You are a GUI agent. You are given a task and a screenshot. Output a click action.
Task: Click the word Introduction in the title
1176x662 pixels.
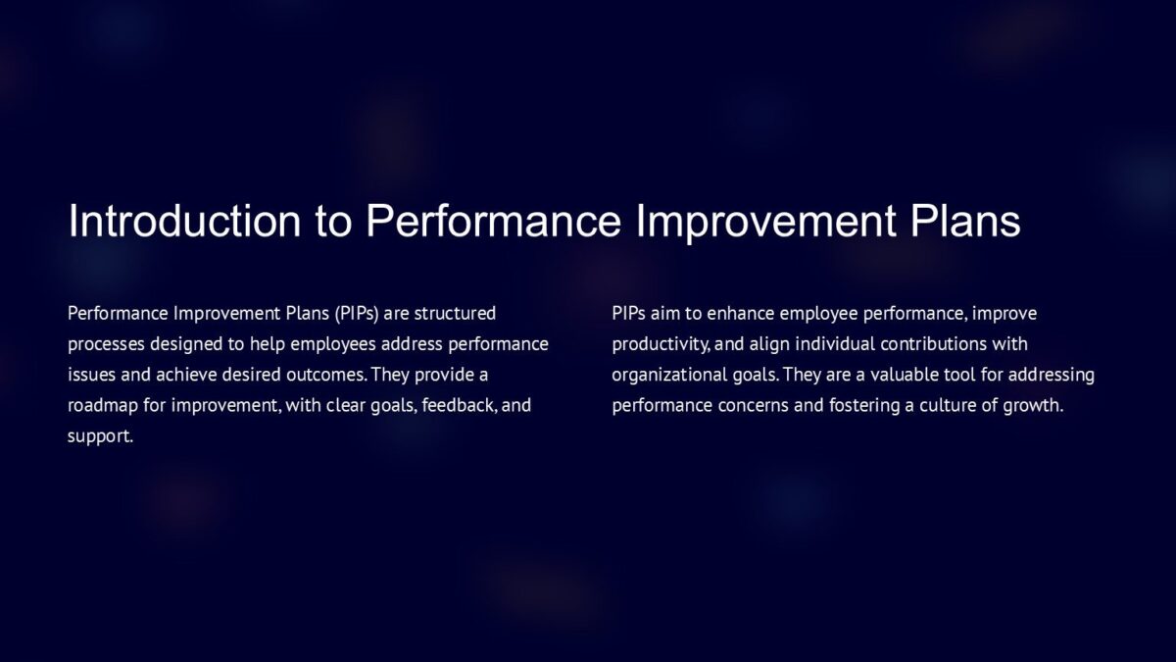tap(185, 222)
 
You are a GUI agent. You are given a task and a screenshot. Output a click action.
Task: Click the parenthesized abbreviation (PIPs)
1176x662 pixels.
tap(357, 314)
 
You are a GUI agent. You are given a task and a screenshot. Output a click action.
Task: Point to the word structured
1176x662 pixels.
tap(455, 314)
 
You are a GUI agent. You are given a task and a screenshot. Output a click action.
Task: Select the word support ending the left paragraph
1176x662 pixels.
tap(99, 435)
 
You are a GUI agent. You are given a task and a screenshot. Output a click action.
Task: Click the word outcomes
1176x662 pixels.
tap(325, 375)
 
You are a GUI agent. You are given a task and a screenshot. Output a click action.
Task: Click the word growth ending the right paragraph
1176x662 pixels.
tap(1032, 405)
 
